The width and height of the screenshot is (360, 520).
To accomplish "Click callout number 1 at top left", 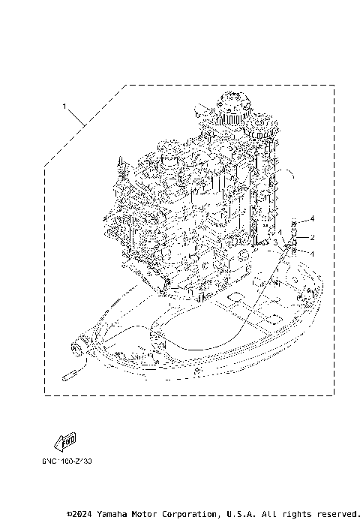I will pos(65,106).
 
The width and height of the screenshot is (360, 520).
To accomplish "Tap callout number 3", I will pos(277,242).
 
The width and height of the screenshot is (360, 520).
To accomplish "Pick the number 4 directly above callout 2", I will pos(313,218).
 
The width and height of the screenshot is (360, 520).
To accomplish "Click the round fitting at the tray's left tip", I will pos(76,347).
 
